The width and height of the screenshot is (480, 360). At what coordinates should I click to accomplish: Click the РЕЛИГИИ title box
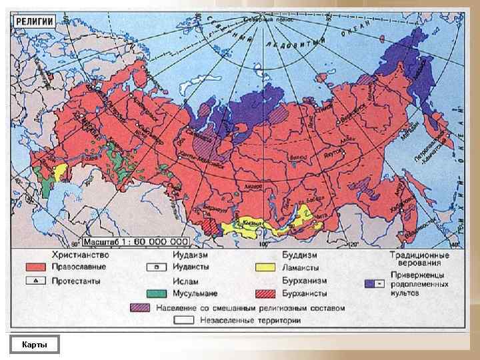34,21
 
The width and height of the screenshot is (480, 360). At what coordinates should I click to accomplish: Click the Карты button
34,344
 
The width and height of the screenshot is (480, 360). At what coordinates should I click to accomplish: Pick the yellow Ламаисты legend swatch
265,267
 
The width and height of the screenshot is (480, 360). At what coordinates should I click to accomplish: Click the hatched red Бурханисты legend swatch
265,293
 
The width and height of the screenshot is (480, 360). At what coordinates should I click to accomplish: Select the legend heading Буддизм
299,255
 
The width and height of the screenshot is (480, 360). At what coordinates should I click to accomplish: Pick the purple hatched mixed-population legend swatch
140,307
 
